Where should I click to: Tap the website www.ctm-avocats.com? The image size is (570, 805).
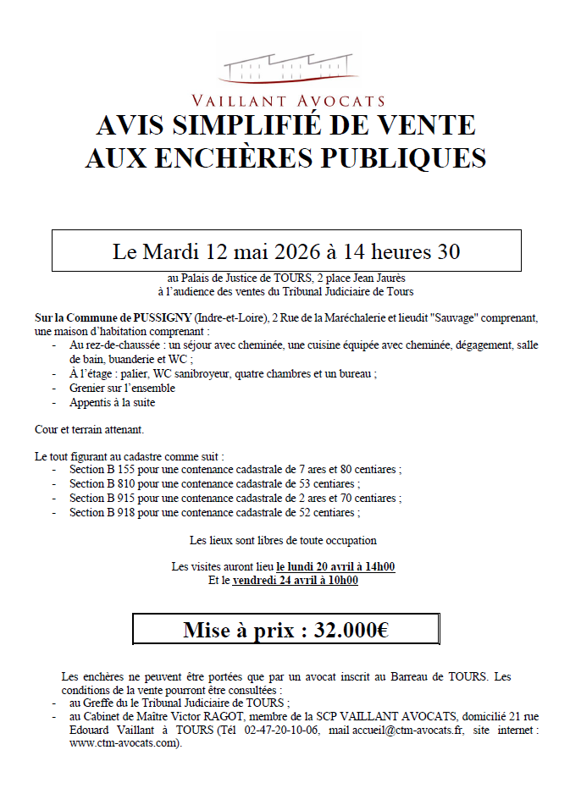(x=124, y=743)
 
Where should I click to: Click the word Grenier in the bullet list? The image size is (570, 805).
(x=89, y=388)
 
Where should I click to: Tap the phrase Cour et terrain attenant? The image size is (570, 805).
(x=89, y=429)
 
